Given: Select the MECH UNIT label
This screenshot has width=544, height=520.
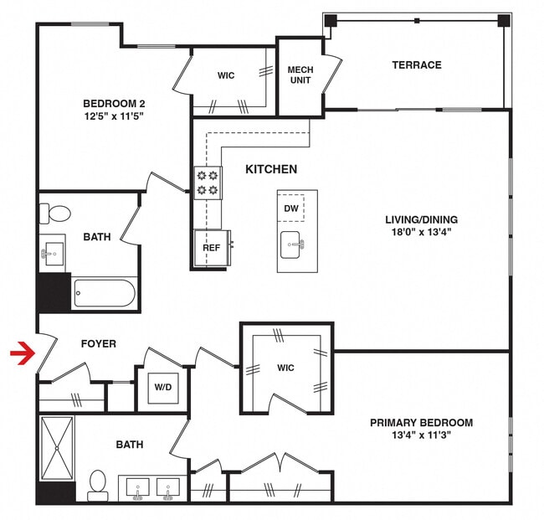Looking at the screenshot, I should point(300,75).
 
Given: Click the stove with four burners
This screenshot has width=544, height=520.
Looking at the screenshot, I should point(208,183).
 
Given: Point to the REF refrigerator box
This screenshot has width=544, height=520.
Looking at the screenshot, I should point(210,249).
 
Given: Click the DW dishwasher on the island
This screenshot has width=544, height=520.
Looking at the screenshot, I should point(291,208).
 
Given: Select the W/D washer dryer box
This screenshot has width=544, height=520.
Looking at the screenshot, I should point(162,388).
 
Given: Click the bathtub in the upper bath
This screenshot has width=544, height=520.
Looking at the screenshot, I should point(104,294).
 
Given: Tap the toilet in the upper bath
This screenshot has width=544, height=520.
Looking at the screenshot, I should point(57,214).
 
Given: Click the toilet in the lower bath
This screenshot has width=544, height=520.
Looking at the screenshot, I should point(98,484).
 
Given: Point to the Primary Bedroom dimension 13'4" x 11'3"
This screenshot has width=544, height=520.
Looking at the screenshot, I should point(421,435).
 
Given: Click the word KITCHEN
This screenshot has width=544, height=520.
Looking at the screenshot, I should point(270,169).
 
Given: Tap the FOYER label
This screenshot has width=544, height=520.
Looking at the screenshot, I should point(98,343).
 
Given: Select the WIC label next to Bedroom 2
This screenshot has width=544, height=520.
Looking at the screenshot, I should point(226,75).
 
